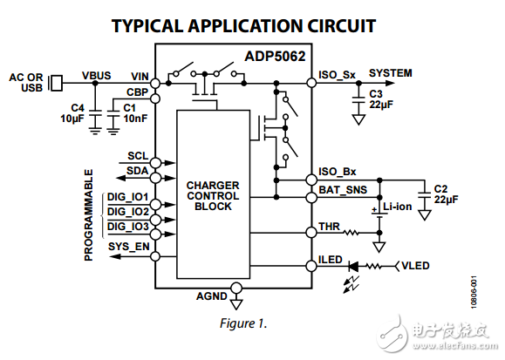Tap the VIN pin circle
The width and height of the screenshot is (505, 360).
click(155, 85)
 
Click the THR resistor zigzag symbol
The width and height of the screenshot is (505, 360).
click(351, 233)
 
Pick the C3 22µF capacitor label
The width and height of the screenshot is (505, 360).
click(383, 99)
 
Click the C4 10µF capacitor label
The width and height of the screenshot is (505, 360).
click(72, 112)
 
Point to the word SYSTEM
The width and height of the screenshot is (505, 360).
click(390, 73)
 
